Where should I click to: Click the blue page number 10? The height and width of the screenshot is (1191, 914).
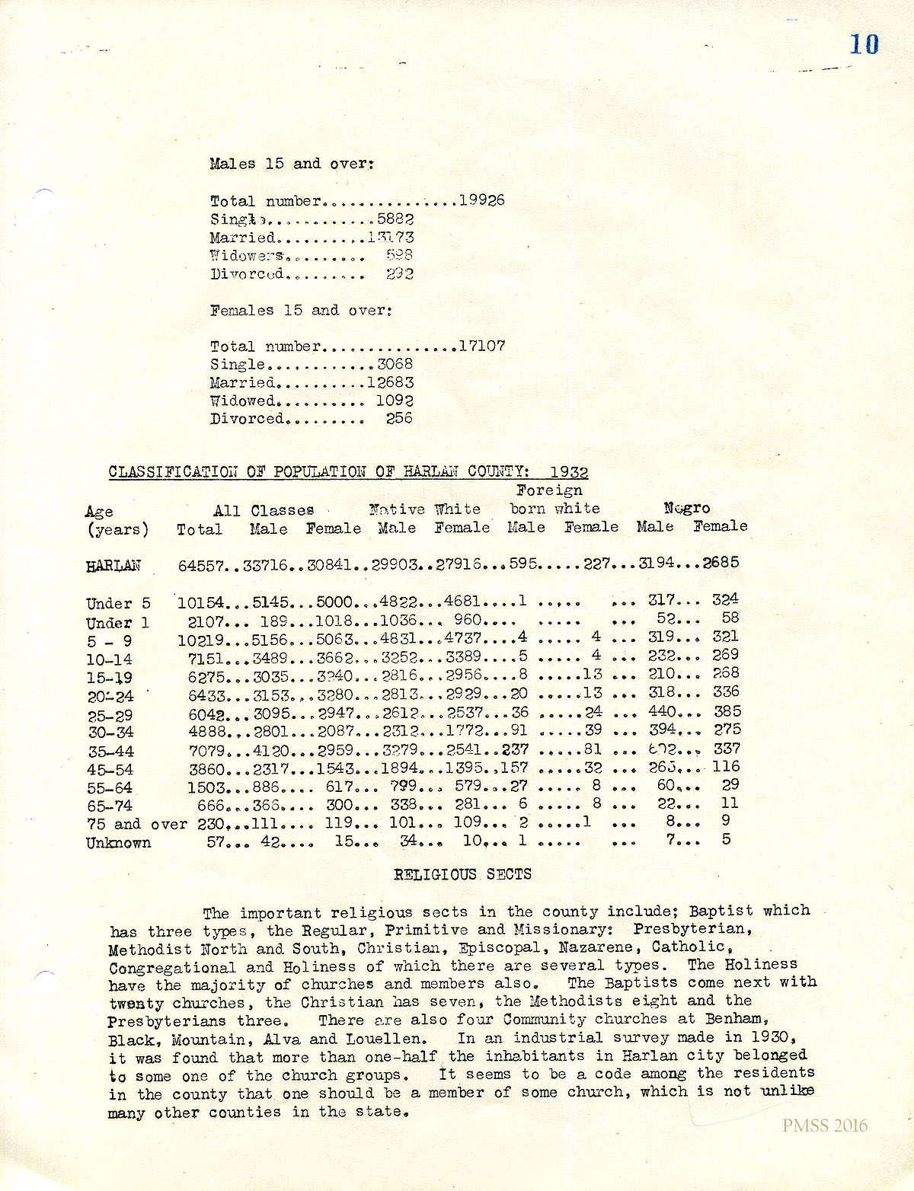click(x=864, y=44)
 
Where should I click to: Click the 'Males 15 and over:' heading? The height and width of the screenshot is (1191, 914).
click(x=292, y=164)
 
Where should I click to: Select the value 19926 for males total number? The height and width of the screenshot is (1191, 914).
click(x=481, y=200)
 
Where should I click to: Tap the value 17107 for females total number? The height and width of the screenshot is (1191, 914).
click(x=481, y=346)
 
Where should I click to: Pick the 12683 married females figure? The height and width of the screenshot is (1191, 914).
click(x=390, y=382)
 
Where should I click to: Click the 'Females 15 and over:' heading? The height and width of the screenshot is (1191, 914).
click(x=301, y=310)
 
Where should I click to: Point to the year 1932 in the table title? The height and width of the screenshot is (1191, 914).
click(x=569, y=472)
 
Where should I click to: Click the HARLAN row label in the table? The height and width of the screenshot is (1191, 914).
click(x=113, y=566)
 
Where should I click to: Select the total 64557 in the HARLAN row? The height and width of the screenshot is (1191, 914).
click(x=201, y=565)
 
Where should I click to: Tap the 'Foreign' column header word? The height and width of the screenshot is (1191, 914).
click(x=549, y=490)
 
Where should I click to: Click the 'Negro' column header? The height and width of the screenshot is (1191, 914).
click(x=687, y=508)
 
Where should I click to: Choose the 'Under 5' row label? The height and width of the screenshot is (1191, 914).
click(x=118, y=604)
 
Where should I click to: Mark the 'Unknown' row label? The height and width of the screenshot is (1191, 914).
click(x=118, y=843)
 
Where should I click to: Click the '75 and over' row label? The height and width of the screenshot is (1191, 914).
click(x=136, y=824)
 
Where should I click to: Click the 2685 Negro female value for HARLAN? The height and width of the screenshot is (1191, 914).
click(x=721, y=563)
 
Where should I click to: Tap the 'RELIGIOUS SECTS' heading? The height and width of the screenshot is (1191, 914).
click(x=462, y=874)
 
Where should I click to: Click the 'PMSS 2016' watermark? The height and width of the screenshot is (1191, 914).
click(x=824, y=1126)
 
